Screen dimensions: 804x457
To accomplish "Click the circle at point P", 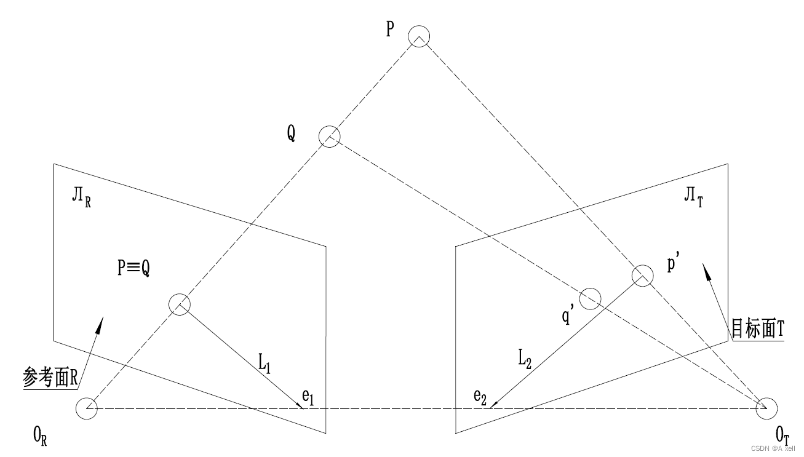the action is point(419,36).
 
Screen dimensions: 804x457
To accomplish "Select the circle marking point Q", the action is point(329,136).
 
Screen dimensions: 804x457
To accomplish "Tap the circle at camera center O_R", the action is point(86,408).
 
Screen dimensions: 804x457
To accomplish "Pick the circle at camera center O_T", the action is point(766,407).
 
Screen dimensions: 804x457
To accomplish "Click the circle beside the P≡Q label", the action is point(180,304).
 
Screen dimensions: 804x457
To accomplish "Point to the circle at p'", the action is point(642,275).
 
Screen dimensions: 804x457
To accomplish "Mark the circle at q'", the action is point(590,298).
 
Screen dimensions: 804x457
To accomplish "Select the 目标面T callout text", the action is point(757,329).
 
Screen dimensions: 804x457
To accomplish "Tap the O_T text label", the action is point(782,436).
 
